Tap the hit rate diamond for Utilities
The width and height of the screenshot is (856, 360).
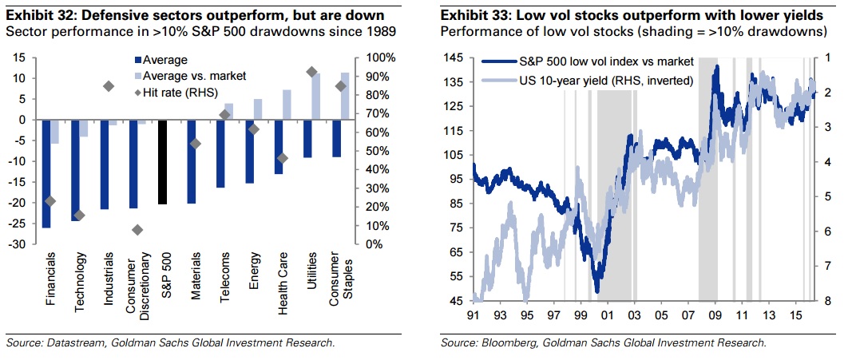312,72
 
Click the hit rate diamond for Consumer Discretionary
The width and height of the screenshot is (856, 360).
137,230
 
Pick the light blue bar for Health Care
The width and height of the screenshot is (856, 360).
287,105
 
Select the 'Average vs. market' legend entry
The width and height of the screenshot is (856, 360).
189,76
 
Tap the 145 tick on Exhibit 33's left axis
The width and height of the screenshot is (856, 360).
456,58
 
